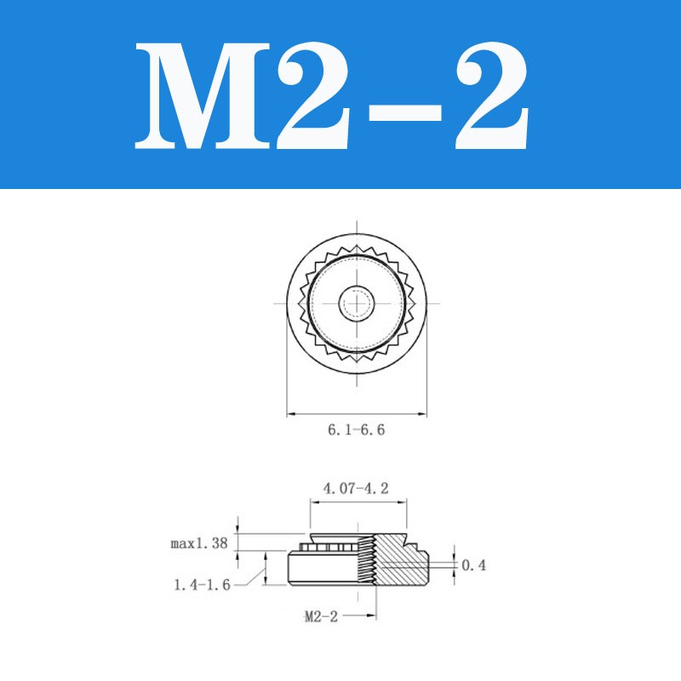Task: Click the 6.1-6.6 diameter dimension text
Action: (x=356, y=431)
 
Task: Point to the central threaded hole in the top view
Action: (x=356, y=302)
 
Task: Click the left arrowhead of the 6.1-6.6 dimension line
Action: (x=290, y=415)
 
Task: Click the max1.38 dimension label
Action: (x=198, y=543)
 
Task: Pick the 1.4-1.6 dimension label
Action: (x=202, y=585)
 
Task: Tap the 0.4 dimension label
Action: (x=473, y=565)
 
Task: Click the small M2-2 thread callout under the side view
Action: (x=321, y=617)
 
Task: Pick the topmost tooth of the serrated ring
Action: (x=356, y=246)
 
